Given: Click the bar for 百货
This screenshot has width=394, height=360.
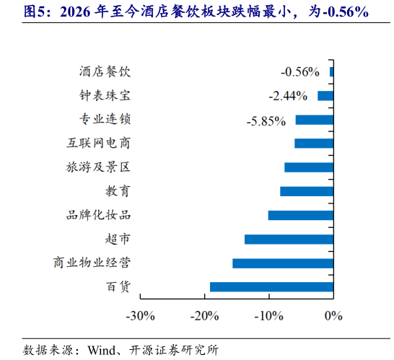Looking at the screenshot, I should (x=271, y=286).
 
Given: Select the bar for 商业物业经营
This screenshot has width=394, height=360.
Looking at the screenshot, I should (x=283, y=263).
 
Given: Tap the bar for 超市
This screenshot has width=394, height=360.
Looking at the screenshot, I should (x=289, y=239).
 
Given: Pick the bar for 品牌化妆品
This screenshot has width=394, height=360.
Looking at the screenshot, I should (x=301, y=215).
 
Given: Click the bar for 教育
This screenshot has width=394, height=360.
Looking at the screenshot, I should (x=307, y=191).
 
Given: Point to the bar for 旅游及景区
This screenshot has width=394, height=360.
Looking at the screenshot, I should (x=309, y=167).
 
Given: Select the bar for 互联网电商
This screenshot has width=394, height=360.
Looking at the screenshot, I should (x=314, y=143).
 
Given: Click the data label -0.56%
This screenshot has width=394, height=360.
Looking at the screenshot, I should (x=300, y=71).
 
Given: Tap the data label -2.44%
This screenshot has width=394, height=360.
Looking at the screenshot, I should (x=288, y=95).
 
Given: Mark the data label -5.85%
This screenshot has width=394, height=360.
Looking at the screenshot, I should (x=266, y=120).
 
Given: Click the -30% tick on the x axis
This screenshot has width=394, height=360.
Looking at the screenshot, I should (x=140, y=315).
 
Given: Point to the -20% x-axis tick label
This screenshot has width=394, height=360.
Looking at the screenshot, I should (x=204, y=315).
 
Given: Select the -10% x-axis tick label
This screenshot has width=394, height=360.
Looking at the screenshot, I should (x=268, y=315).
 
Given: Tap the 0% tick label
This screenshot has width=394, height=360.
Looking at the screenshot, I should (x=333, y=315).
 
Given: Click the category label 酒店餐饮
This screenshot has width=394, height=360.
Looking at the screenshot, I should (x=105, y=71).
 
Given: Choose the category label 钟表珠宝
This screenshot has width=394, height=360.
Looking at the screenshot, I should (x=105, y=95).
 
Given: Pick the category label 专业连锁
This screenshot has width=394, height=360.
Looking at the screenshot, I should (x=105, y=119).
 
